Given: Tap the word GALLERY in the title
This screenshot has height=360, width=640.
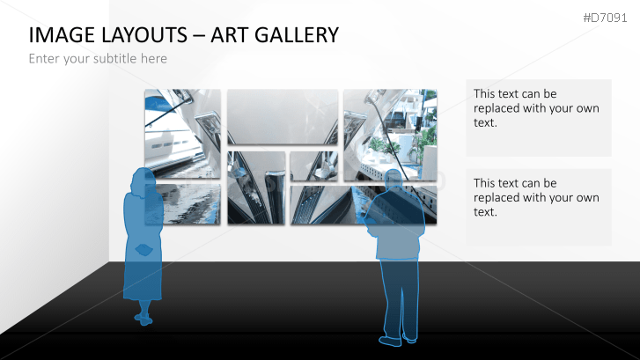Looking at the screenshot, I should coord(292,35).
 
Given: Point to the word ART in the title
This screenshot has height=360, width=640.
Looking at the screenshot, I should coord(225,35).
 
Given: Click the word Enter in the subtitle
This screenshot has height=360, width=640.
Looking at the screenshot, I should coord(45,59).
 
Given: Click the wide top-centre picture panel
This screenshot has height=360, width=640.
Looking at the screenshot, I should coord(282,116).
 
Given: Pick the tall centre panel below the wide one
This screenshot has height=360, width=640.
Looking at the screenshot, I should coord(256,187).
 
